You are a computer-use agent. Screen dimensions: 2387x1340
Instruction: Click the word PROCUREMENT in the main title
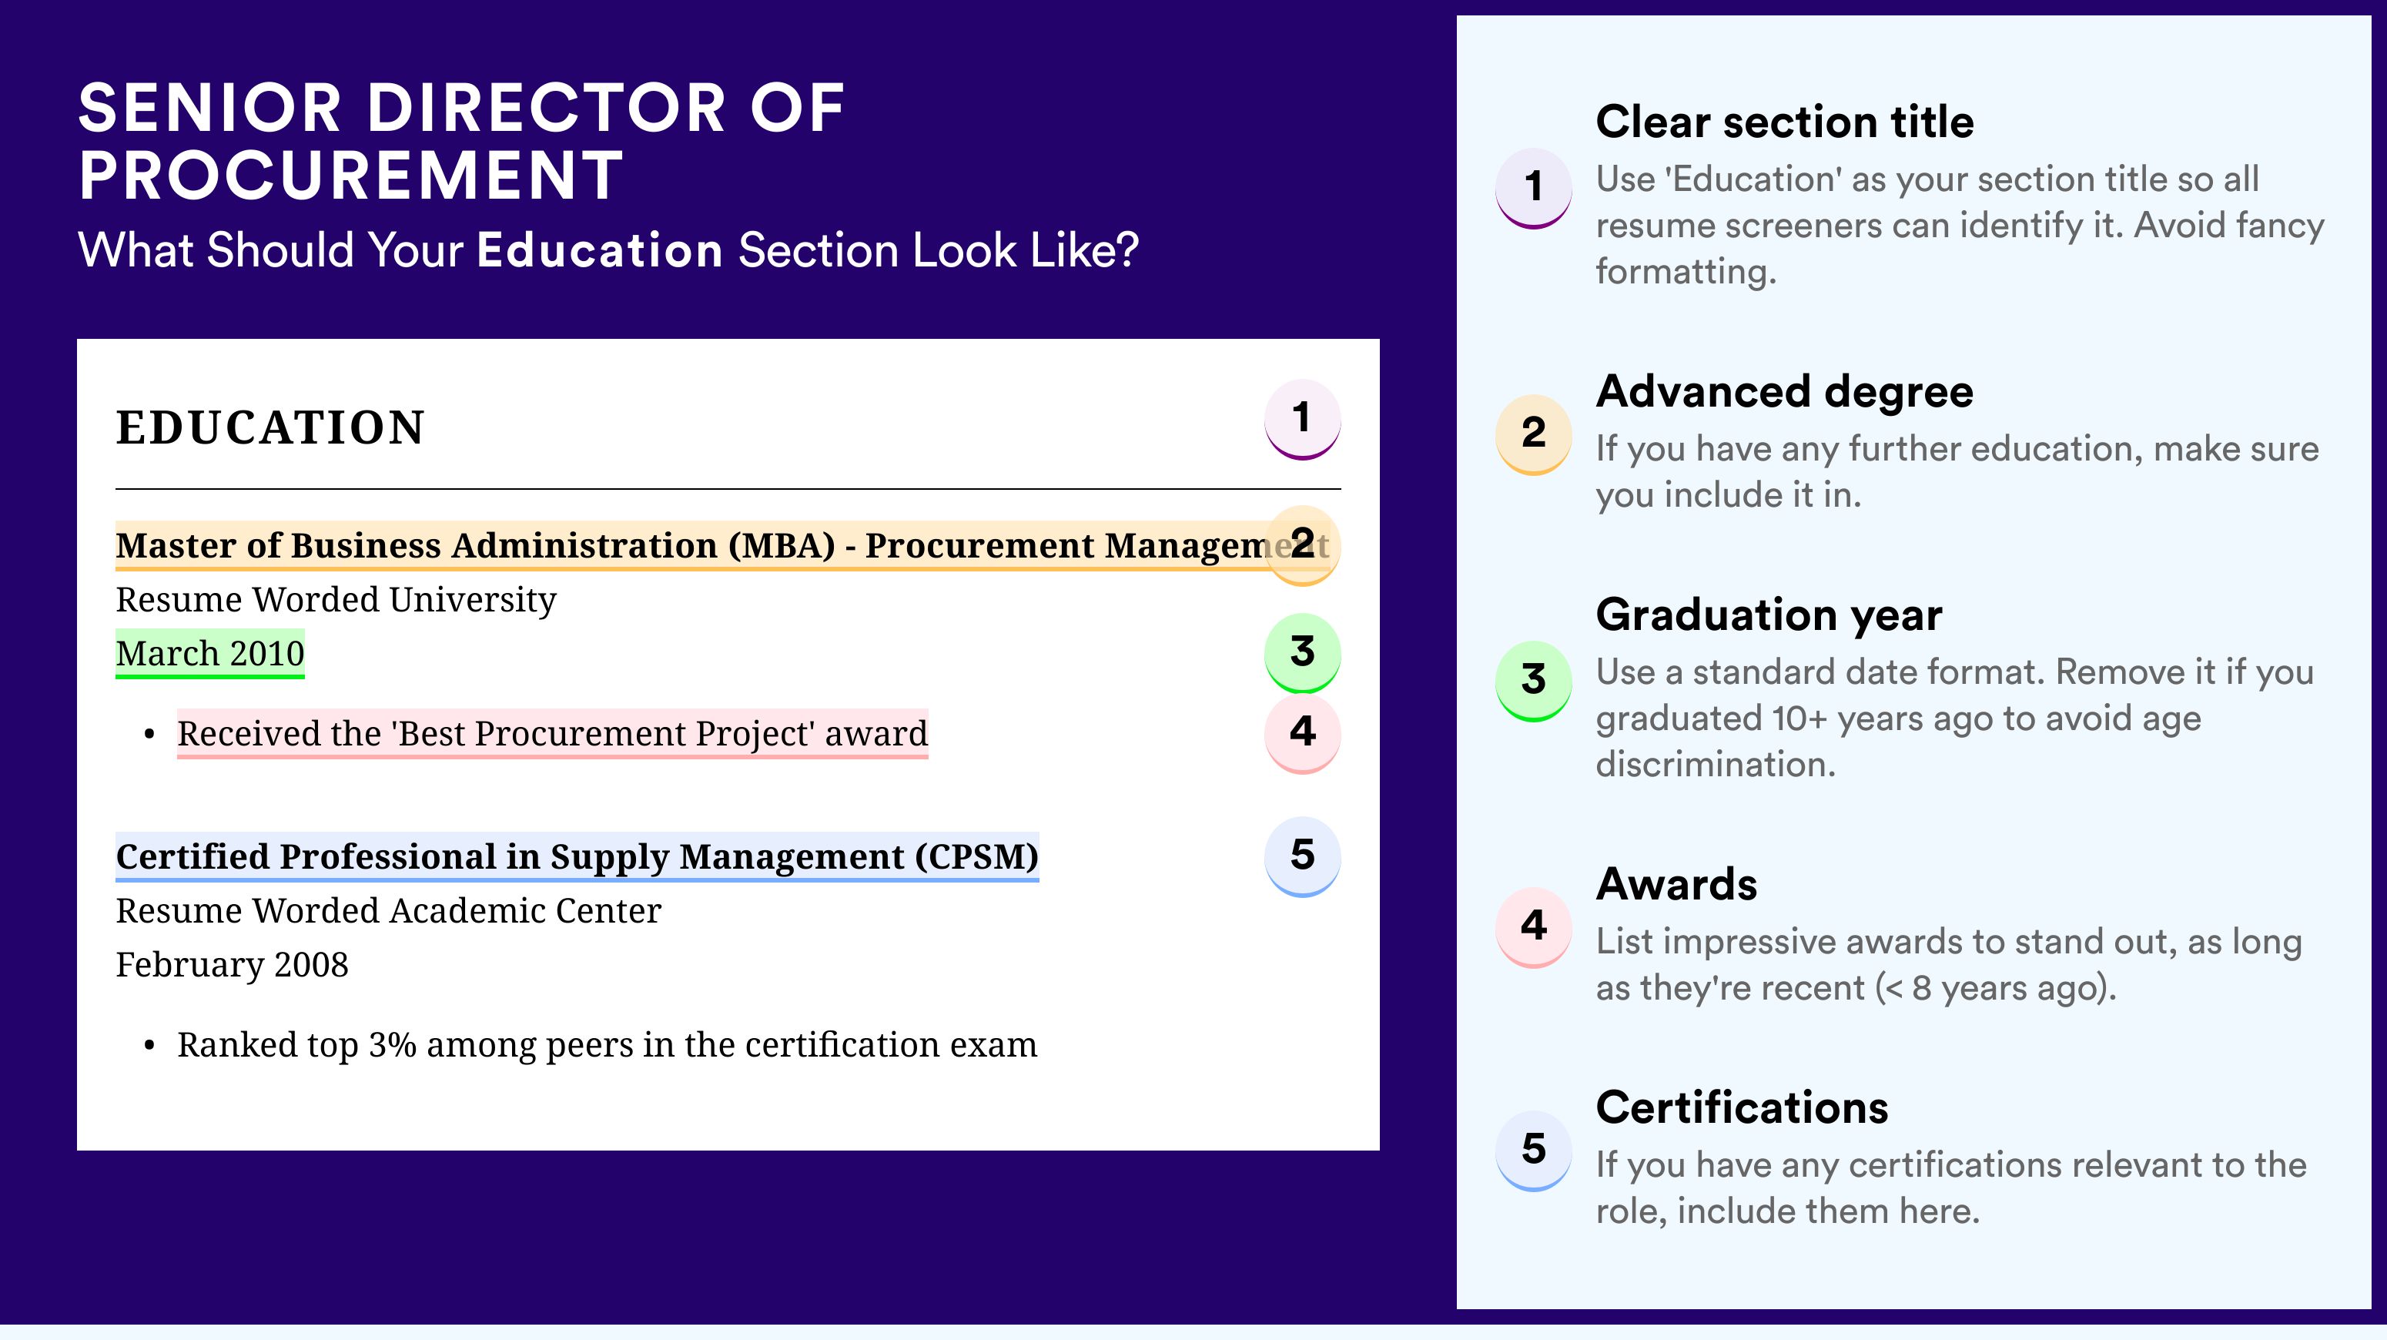click(x=351, y=175)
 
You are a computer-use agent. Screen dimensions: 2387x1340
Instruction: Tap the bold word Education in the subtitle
click(x=600, y=250)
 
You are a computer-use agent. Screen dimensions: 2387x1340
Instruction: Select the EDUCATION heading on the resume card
click(x=270, y=428)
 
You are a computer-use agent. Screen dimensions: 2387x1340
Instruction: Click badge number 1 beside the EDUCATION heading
click(x=1302, y=419)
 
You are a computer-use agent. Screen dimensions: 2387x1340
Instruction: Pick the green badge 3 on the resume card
click(x=1302, y=652)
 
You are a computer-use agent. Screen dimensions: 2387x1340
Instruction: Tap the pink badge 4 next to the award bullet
click(x=1302, y=733)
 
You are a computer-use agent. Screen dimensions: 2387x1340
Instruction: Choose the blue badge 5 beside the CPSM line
click(x=1302, y=856)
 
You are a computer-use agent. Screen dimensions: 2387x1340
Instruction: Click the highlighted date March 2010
click(x=210, y=653)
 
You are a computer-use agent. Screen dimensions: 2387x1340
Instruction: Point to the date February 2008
click(x=233, y=965)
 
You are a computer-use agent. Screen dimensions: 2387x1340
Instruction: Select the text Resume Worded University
click(x=336, y=601)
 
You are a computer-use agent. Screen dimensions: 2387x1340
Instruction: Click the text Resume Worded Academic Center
click(x=388, y=911)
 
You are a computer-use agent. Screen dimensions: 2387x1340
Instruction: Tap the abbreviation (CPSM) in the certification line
click(x=976, y=857)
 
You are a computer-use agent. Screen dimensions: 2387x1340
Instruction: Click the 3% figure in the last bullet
click(x=392, y=1044)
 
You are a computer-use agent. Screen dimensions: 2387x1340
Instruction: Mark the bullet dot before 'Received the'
click(x=149, y=735)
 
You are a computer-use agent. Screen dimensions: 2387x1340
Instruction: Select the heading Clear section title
click(x=1785, y=122)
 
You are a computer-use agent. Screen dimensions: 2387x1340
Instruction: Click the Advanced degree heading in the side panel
click(x=1785, y=392)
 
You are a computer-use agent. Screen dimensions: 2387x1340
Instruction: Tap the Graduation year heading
click(x=1769, y=615)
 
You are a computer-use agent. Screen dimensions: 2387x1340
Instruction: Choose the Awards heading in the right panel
click(x=1676, y=884)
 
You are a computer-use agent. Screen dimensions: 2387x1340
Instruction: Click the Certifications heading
click(x=1742, y=1107)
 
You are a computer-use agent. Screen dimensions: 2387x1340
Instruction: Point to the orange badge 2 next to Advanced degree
click(x=1534, y=434)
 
